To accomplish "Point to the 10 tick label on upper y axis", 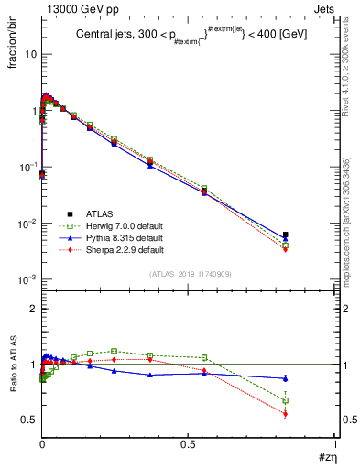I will coord(29,54).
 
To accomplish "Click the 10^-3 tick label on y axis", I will coord(27,279).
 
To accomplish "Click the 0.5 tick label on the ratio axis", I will coord(29,420).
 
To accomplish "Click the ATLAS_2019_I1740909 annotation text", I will coord(189,274).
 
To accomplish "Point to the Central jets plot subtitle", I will coord(186,34).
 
